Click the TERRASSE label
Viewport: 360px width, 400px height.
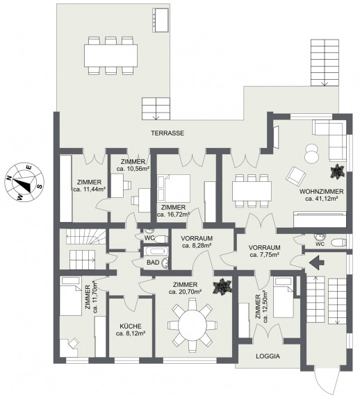click(x=167, y=133)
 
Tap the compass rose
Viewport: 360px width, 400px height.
click(x=24, y=182)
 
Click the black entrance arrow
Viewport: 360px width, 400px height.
click(x=316, y=262)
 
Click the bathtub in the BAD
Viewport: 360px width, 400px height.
click(x=156, y=251)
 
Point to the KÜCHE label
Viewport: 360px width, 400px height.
click(x=131, y=326)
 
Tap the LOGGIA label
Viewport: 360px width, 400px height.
click(x=268, y=356)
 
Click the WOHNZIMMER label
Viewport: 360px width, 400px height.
click(x=322, y=192)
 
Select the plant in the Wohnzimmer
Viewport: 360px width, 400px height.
click(x=337, y=171)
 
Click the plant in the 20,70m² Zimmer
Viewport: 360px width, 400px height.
click(x=222, y=287)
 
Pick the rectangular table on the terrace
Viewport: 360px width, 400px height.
click(x=111, y=56)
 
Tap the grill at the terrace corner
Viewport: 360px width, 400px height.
click(x=161, y=20)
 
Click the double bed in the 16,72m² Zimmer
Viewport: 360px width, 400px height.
click(x=174, y=188)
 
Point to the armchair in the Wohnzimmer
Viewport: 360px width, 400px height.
click(x=296, y=176)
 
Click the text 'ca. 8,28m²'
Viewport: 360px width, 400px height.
click(x=197, y=246)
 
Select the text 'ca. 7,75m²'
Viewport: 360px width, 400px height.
click(x=264, y=255)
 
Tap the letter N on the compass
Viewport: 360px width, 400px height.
click(x=9, y=178)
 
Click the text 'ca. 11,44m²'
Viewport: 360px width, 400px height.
click(x=90, y=190)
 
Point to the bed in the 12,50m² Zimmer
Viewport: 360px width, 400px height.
click(x=283, y=297)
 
